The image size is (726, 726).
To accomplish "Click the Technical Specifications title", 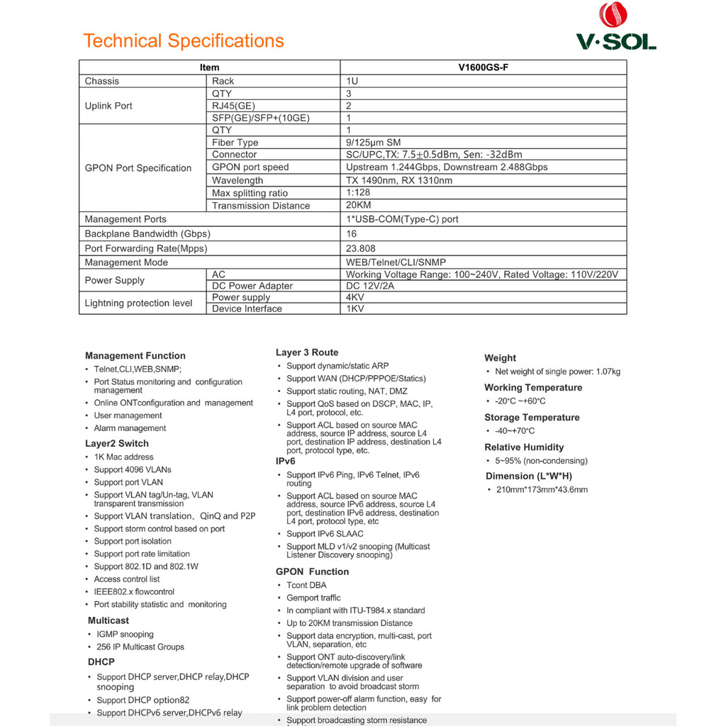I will (x=184, y=41).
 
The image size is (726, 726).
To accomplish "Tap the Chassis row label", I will (x=102, y=81).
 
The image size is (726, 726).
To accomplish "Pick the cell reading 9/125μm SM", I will (x=373, y=143).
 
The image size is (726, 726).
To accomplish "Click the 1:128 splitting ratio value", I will (x=358, y=193).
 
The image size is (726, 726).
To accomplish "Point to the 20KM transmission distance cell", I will (x=358, y=206).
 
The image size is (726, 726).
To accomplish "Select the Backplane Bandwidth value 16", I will (x=352, y=234).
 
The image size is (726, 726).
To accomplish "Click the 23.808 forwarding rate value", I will (x=361, y=248).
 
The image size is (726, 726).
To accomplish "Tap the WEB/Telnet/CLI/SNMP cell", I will (x=396, y=262).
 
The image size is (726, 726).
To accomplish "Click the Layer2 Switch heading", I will (x=117, y=444).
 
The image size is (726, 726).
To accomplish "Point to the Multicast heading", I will (x=108, y=620).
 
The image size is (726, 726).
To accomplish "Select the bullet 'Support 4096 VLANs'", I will (x=133, y=469).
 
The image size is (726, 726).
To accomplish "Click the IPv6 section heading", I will (x=286, y=461).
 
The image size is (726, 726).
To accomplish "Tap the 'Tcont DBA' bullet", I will (x=307, y=585).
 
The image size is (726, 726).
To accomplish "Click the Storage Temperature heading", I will (x=532, y=418).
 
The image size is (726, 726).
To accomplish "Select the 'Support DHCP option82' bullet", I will (x=143, y=700).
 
